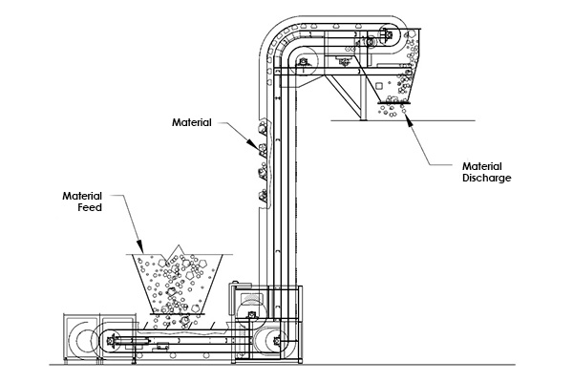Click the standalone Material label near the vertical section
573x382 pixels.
coord(192,122)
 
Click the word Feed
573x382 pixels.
coord(90,207)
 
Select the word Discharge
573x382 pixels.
coord(487,178)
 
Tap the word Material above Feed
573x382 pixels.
coord(82,196)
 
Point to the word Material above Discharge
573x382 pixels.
coord(482,166)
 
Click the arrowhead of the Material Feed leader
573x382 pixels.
coord(140,246)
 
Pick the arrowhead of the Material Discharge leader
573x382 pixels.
coord(409,119)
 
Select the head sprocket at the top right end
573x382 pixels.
coord(389,35)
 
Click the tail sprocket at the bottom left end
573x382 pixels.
coord(111,341)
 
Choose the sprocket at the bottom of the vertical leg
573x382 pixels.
coord(277,342)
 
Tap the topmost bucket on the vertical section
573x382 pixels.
coord(264,128)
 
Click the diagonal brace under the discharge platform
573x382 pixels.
coord(343,95)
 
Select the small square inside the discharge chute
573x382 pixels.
coord(379,86)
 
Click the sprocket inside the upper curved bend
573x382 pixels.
coord(303,61)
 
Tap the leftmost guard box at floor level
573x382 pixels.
coord(81,337)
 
